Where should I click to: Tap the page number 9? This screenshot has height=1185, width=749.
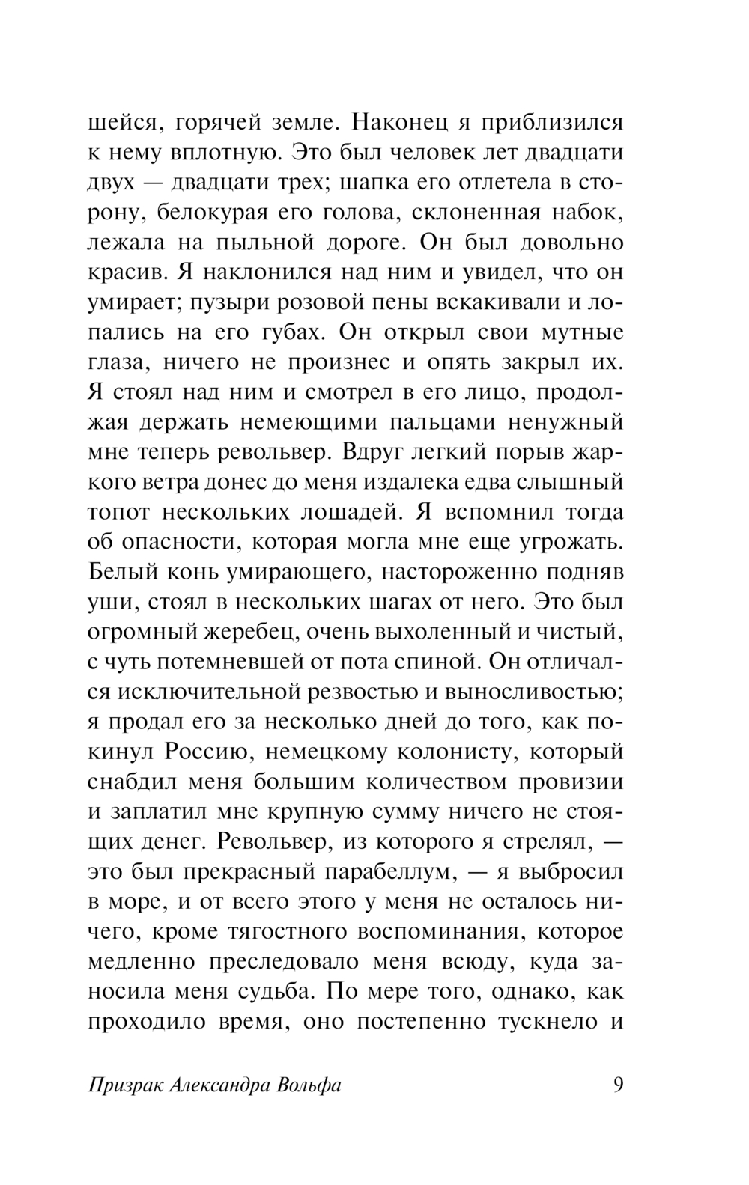(x=617, y=1085)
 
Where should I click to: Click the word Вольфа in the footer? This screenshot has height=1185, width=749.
(x=309, y=1085)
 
